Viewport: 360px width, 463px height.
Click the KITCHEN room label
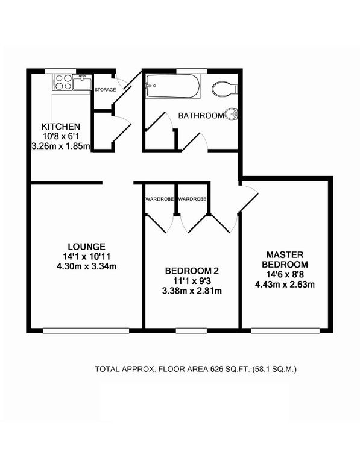tap(60, 127)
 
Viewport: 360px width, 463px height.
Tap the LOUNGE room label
tap(87, 246)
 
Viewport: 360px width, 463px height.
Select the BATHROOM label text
tap(200, 115)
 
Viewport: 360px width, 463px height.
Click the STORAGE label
tap(105, 90)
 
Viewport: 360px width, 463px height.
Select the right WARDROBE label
tap(192, 198)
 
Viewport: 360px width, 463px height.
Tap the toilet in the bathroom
tap(224, 89)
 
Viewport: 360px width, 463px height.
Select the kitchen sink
tap(82, 80)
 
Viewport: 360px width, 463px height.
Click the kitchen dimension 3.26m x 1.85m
tap(60, 146)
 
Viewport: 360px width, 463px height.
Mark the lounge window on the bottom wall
tap(86, 330)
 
